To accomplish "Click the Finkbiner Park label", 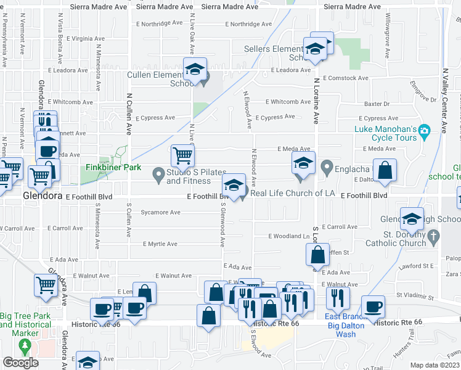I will tap(113, 168).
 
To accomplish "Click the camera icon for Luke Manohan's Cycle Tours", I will tap(423, 130).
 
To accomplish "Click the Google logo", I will tap(20, 363).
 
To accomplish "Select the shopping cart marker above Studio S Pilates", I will tap(182, 157).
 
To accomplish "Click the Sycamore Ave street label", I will tap(160, 212).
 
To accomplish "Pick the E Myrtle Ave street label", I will tap(160, 244).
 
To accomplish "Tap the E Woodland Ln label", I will tap(289, 236).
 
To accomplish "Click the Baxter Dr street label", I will tap(377, 104).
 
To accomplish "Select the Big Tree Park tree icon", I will tap(26, 347).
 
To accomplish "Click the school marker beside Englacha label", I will tap(303, 164).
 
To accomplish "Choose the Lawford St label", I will tap(435, 266).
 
